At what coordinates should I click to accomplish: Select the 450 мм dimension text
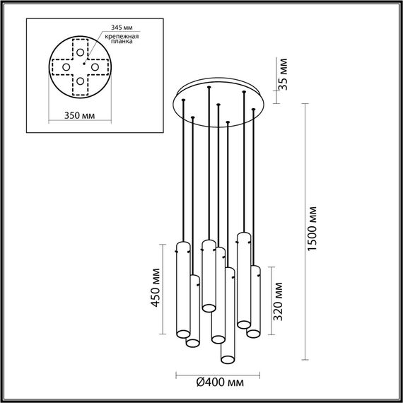(158, 289)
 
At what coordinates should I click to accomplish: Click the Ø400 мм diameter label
(219, 382)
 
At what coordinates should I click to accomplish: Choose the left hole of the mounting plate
(67, 67)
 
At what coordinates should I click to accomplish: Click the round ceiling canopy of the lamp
(218, 104)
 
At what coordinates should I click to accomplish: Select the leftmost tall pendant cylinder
(182, 290)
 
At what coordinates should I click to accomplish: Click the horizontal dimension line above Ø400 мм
(218, 373)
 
